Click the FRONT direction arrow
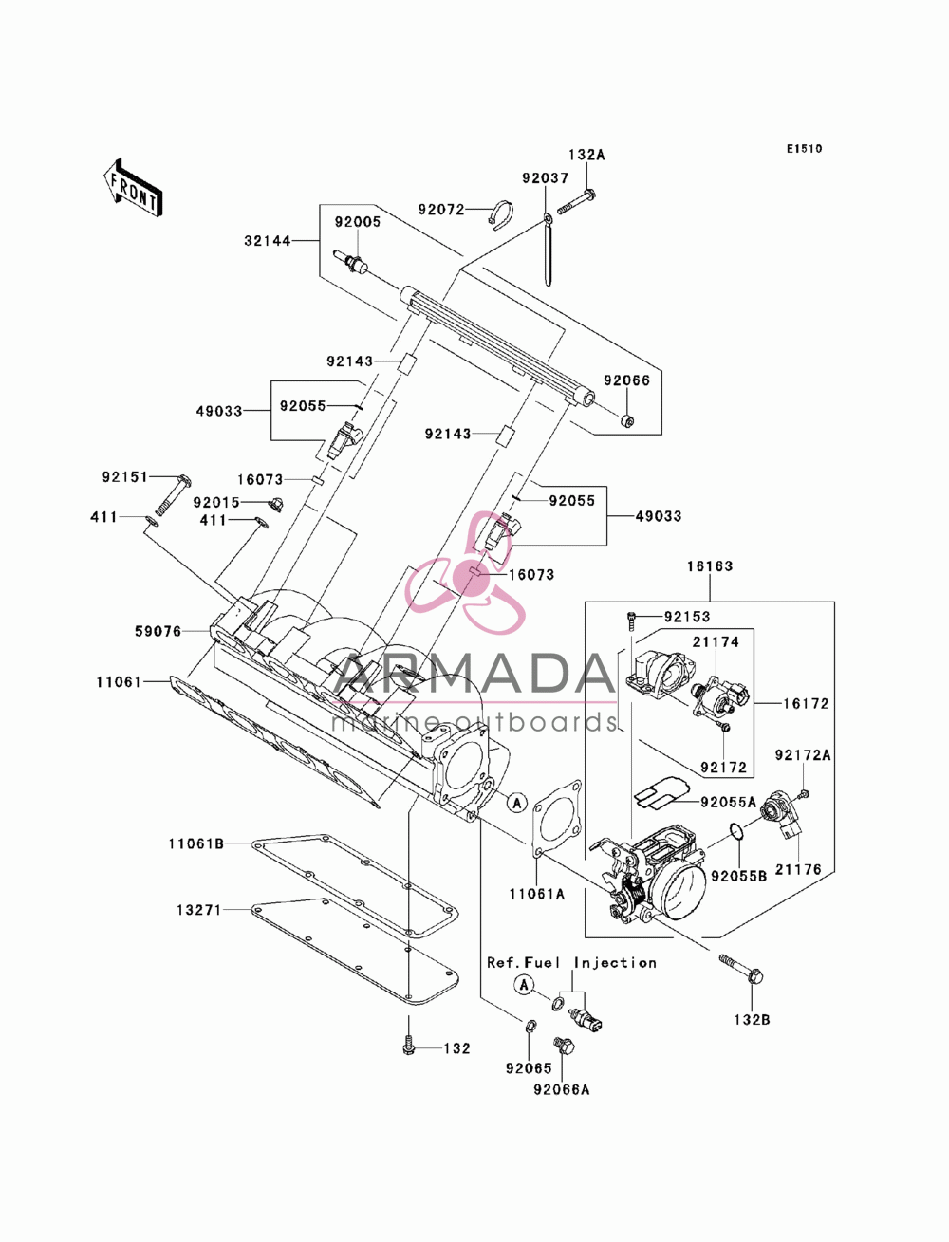click(133, 187)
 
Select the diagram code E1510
click(804, 149)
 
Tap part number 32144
click(267, 241)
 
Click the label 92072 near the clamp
click(441, 210)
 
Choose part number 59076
click(158, 632)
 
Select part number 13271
click(199, 910)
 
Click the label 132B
click(752, 1020)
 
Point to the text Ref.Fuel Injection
click(571, 962)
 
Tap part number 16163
click(710, 566)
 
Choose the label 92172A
click(803, 755)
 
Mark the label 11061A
click(536, 894)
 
